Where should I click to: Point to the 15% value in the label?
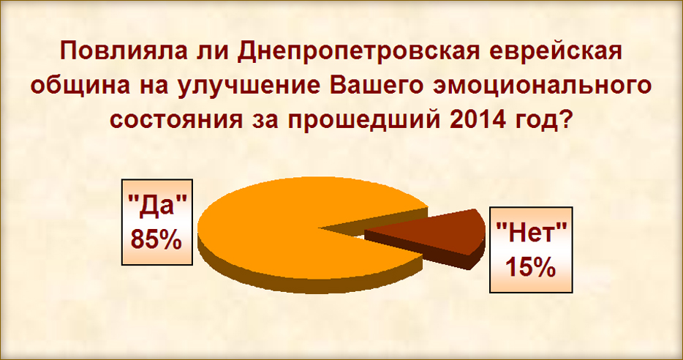point(531,267)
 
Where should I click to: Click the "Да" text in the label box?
point(156,206)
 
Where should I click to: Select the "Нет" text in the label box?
point(532,231)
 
